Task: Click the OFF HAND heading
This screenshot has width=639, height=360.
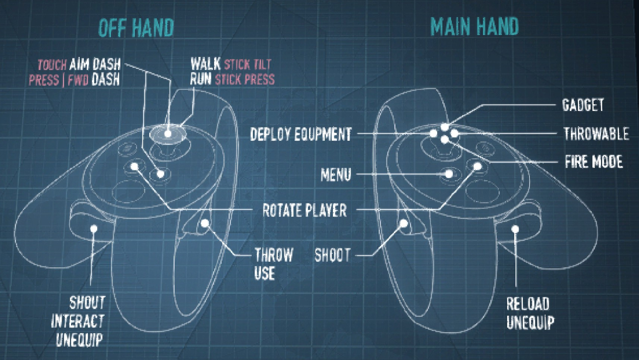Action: (136, 28)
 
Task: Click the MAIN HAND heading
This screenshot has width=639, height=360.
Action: (474, 26)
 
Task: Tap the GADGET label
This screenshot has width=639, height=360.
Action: (583, 105)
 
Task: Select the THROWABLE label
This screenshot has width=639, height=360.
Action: (596, 134)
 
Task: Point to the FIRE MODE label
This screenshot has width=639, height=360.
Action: (594, 162)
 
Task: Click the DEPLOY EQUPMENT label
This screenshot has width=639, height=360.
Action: (301, 134)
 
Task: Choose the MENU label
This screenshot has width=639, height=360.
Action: (336, 175)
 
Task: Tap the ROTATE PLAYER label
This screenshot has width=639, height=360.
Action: (305, 210)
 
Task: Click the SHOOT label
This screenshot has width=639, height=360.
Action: (333, 255)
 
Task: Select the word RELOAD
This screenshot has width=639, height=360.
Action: (528, 304)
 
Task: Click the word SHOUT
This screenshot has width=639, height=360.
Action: (88, 303)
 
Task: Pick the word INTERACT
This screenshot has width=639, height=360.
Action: (78, 321)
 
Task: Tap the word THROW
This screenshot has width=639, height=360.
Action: (274, 255)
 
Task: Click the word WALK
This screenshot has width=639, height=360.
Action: (205, 64)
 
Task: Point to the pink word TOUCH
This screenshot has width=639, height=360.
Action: (52, 66)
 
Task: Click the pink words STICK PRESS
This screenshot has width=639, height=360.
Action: (245, 79)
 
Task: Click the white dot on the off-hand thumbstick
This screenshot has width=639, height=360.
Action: (168, 133)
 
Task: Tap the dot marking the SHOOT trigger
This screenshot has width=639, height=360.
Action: (404, 223)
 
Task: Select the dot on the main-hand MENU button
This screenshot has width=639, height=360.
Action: (449, 173)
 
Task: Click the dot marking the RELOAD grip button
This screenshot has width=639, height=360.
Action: (515, 229)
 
